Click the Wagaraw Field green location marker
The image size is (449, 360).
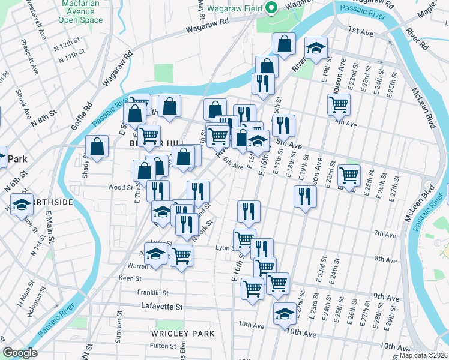pos(271,8)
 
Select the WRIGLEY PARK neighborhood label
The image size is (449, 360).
pos(175,333)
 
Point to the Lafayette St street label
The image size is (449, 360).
pos(162,307)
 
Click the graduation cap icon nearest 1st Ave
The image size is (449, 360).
pos(315,47)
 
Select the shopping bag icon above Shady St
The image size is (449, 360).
pos(97,146)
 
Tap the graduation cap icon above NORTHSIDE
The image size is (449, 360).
pos(22,205)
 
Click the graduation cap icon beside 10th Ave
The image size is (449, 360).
pos(285,313)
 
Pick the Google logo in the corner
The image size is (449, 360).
pos(20,353)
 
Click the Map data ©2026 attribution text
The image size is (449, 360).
pos(423,355)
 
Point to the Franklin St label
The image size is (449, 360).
pos(152,293)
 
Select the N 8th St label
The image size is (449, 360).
pos(44,115)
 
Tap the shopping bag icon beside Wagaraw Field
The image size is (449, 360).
pos(285,43)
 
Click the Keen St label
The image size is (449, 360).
pos(130,278)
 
